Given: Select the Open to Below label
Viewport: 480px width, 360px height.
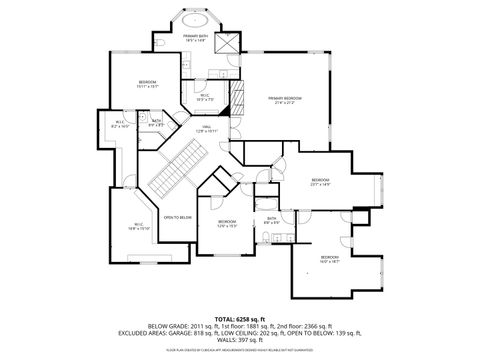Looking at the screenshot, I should point(178,217).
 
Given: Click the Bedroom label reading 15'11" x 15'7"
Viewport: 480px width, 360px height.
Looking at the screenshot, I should point(147,83).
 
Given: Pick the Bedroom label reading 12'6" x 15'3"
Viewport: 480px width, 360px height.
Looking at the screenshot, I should point(227,223).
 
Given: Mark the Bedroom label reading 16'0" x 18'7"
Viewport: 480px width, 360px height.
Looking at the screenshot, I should point(330,258).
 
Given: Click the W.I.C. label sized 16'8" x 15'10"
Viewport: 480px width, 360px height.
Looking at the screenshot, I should point(138,226).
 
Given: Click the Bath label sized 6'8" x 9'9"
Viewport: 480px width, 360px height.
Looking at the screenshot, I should point(271,219).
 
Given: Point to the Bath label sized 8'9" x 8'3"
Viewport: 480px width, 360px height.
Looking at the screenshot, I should point(156,123).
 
